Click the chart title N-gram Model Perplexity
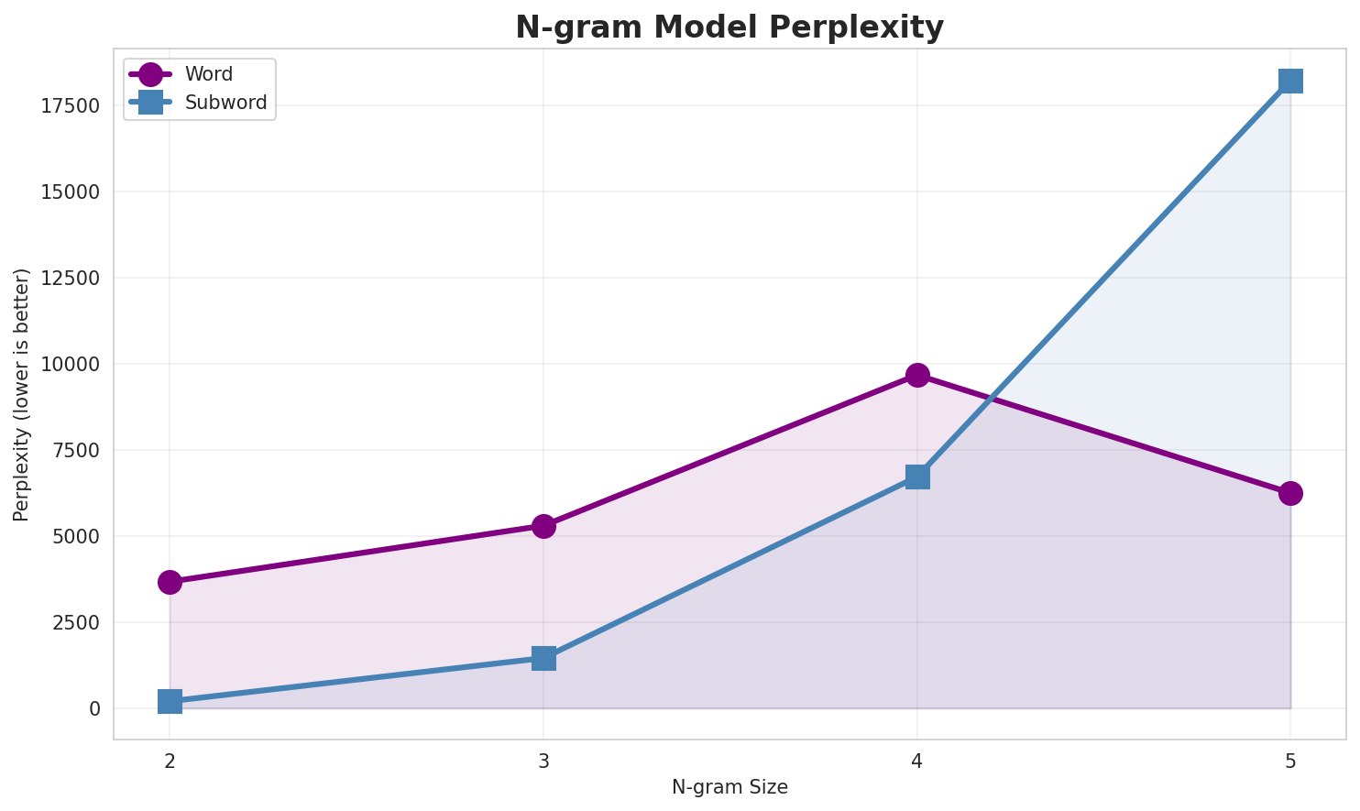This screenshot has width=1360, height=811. pos(729,27)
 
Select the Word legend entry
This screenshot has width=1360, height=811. pos(208,74)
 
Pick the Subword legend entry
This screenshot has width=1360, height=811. pos(225,103)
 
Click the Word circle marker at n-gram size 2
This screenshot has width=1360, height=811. pos(170,582)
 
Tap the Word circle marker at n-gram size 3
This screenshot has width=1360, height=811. pos(543,526)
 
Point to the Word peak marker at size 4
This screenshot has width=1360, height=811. pos(917,375)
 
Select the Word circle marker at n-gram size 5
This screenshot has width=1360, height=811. pos(1290,493)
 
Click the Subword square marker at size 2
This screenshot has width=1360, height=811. pos(170,701)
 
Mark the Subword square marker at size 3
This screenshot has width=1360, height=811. pos(543,658)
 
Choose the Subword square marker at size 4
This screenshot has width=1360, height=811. pos(917,477)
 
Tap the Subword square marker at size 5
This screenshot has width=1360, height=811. pos(1290,81)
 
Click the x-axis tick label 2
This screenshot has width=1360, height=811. pos(170,761)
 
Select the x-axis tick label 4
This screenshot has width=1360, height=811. pos(917,761)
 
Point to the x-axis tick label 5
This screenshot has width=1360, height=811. pos(1290,761)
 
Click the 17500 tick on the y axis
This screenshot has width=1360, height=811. pos(70,106)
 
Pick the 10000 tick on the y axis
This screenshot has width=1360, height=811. pos(70,365)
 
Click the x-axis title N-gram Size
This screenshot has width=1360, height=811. pos(729,787)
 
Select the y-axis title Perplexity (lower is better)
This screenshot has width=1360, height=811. pos(22,394)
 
